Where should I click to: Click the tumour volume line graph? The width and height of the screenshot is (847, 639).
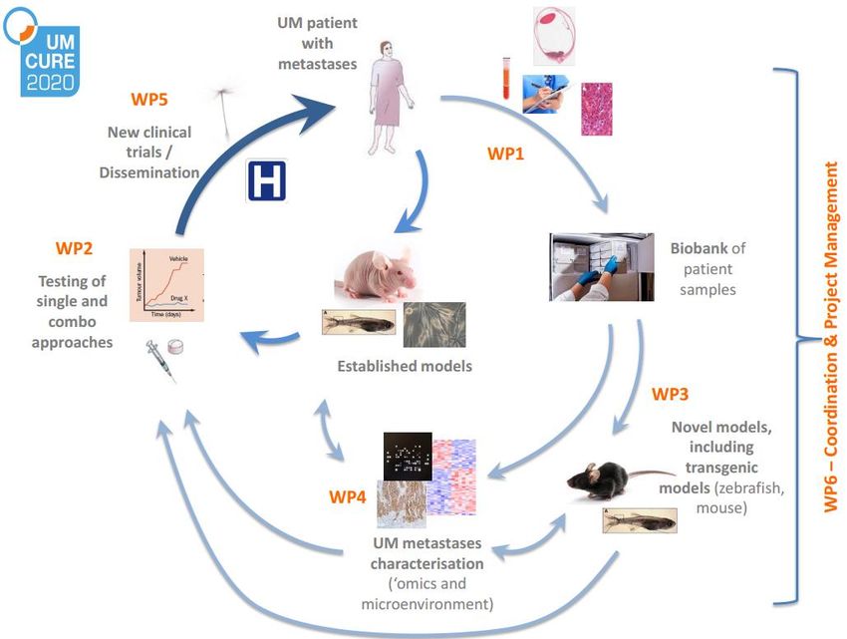click(166, 284)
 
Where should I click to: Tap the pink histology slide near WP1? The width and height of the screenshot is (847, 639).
click(597, 109)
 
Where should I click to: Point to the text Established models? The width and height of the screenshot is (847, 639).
click(405, 366)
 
